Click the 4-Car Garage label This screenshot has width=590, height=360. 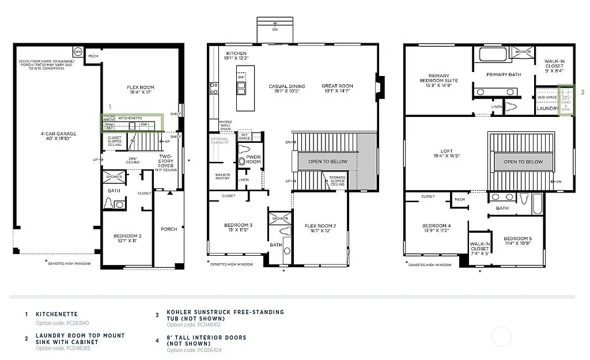pyautogui.click(x=58, y=137)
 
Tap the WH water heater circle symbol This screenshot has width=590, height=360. pyautogui.click(x=78, y=52)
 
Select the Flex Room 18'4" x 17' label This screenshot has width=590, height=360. pyautogui.click(x=141, y=90)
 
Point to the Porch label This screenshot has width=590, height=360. pyautogui.click(x=169, y=229)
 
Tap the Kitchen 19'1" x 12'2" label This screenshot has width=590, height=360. pyautogui.click(x=236, y=56)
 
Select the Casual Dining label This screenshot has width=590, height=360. pyautogui.click(x=286, y=89)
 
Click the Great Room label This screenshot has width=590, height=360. pyautogui.click(x=337, y=89)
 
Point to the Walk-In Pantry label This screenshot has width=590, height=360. pyautogui.click(x=222, y=176)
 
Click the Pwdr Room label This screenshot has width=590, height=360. pyautogui.click(x=253, y=160)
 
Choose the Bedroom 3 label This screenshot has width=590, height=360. pyautogui.click(x=239, y=228)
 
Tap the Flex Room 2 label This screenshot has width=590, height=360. pyautogui.click(x=320, y=228)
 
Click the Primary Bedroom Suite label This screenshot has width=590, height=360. pyautogui.click(x=439, y=81)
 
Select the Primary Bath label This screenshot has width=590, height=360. pyautogui.click(x=504, y=74)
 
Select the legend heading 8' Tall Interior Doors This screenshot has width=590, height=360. pyautogui.click(x=206, y=340)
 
